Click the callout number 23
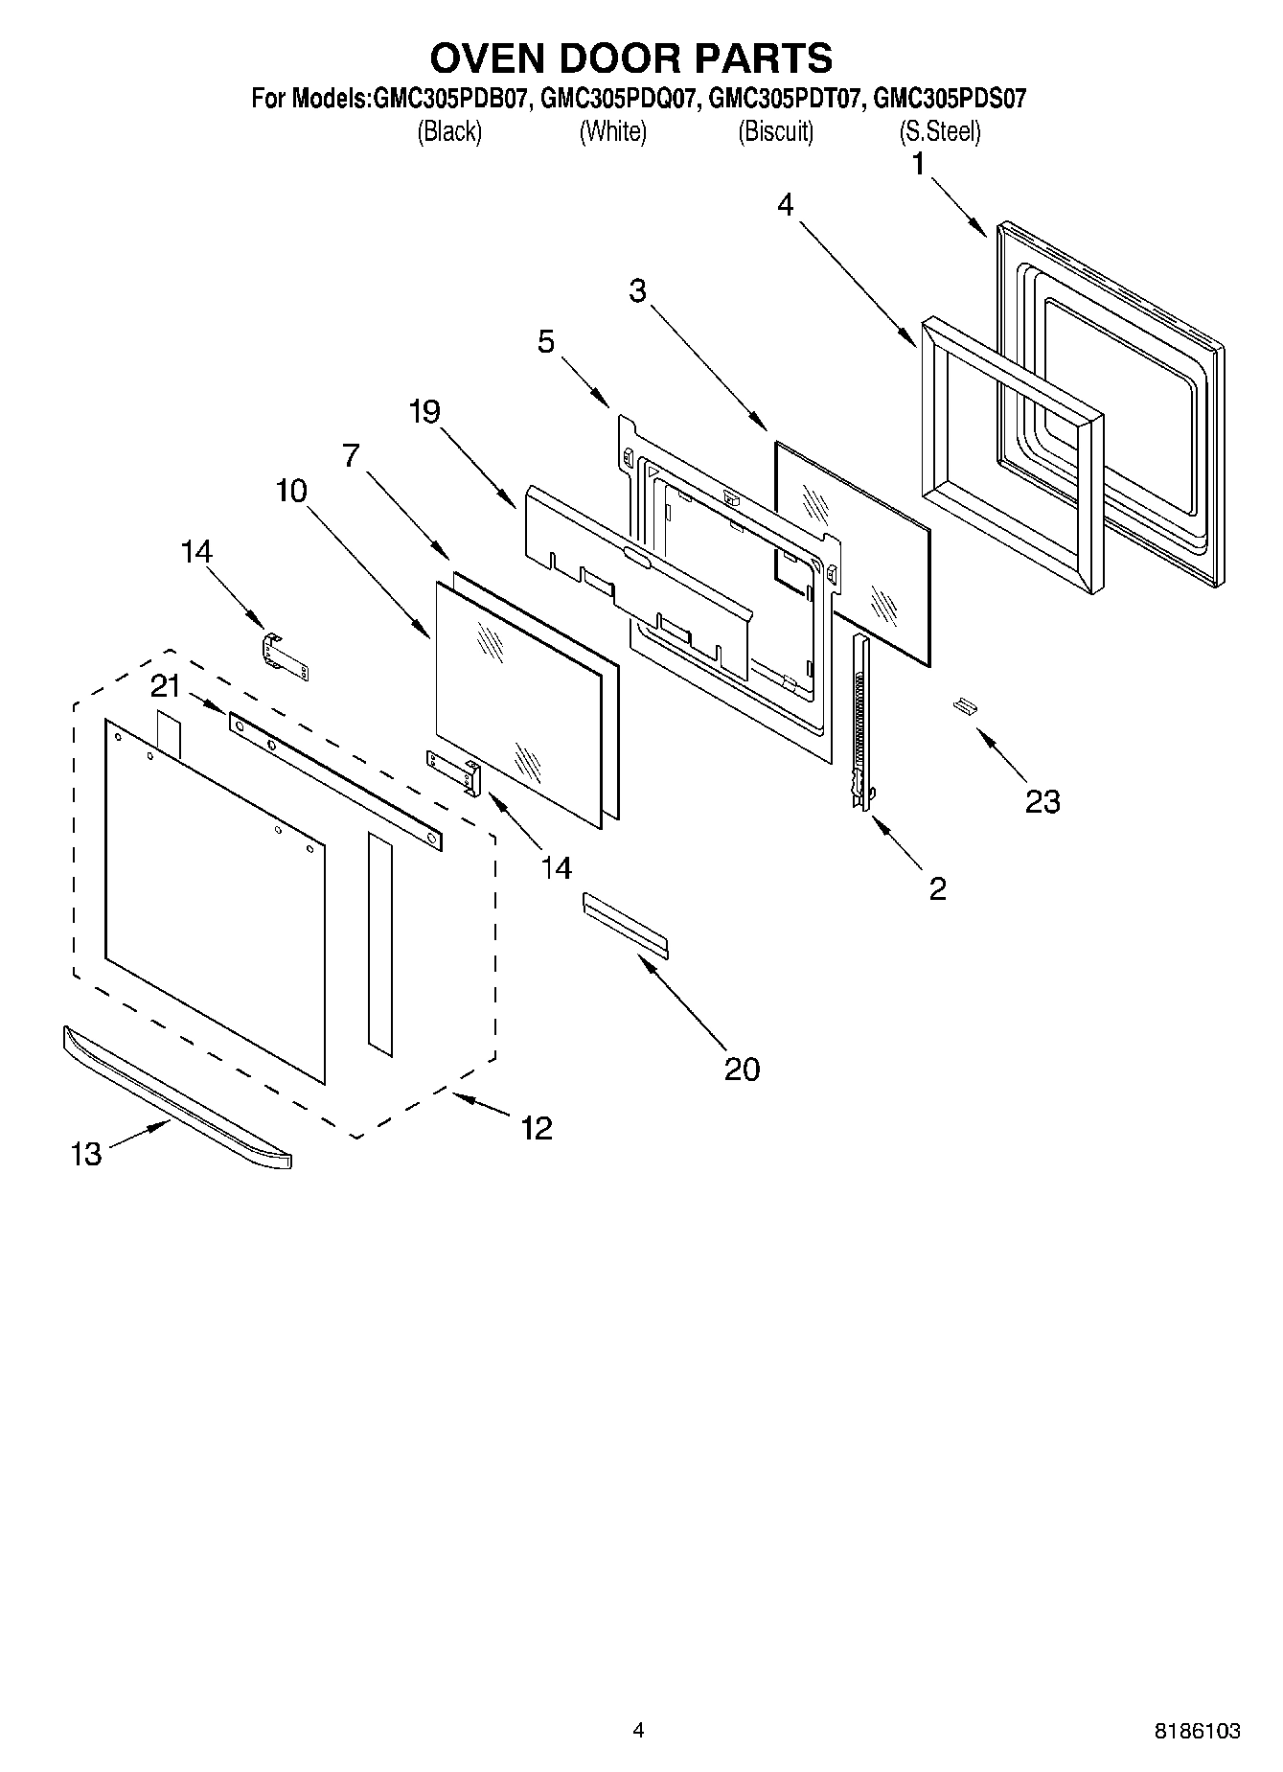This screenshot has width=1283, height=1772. (1042, 800)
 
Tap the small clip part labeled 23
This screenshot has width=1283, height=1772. (964, 706)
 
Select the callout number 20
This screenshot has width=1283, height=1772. (742, 1069)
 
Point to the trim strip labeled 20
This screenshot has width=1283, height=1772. (625, 925)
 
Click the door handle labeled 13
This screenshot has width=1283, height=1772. (177, 1097)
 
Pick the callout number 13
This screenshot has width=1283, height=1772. (86, 1153)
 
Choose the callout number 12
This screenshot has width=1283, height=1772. (537, 1128)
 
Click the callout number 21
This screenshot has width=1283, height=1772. (166, 686)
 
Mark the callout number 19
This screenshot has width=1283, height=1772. (424, 412)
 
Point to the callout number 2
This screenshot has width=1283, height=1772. (937, 888)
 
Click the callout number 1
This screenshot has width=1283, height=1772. (918, 165)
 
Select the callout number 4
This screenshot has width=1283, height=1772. (786, 204)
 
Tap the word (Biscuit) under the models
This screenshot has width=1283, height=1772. (775, 131)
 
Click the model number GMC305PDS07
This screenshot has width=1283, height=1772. (950, 99)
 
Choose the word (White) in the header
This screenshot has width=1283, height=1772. (612, 131)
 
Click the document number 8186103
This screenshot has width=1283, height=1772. (1197, 1730)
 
